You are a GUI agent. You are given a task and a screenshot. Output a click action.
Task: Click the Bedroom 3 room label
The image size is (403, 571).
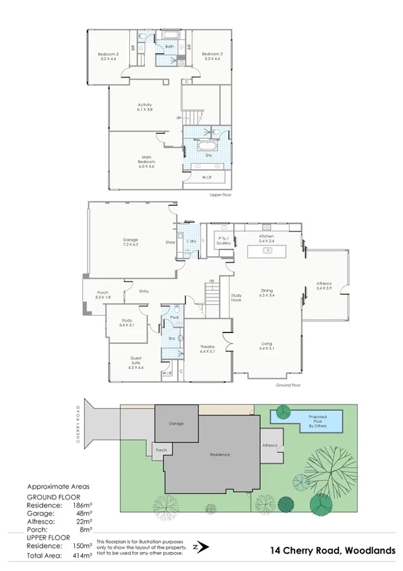click(x=108, y=56)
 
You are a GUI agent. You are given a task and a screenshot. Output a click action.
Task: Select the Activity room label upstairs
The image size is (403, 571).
click(x=145, y=107)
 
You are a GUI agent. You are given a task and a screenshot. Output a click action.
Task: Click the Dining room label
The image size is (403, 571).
click(x=267, y=293)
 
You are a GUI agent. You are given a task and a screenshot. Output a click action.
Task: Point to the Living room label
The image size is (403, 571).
click(x=267, y=346)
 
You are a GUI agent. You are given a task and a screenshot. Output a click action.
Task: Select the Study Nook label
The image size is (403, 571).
click(x=236, y=297)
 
